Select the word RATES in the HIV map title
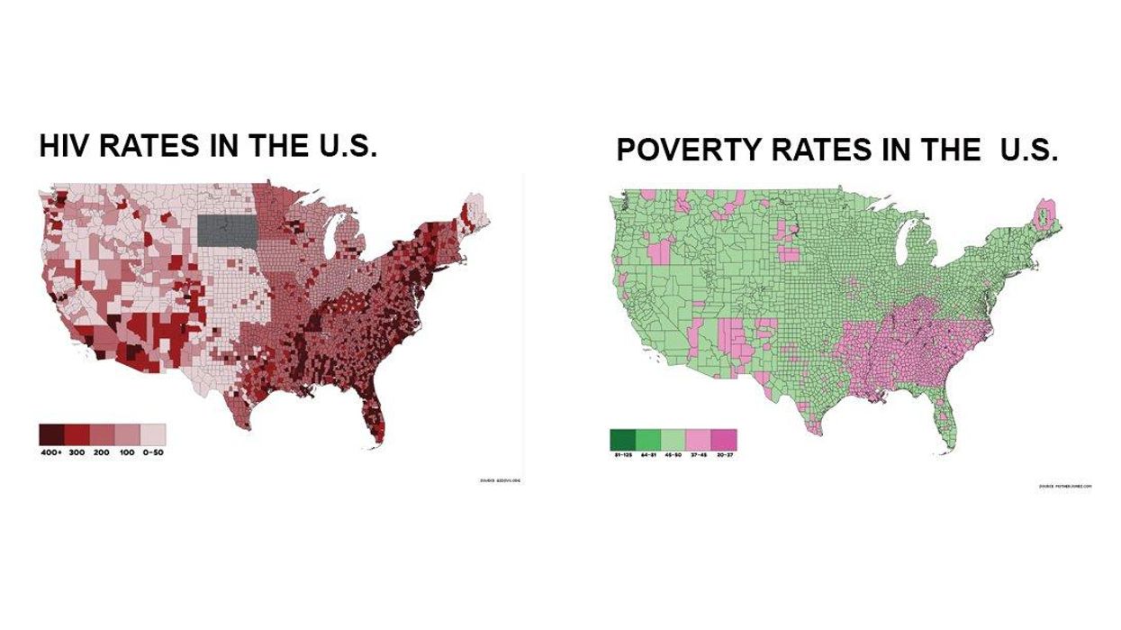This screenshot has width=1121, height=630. (x=158, y=146)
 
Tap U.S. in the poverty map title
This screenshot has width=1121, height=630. (x=1028, y=151)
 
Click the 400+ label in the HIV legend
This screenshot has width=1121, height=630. (x=51, y=451)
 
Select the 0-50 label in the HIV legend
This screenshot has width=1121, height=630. (x=153, y=451)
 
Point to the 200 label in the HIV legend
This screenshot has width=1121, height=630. (x=102, y=451)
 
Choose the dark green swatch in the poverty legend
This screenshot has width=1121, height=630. (x=623, y=439)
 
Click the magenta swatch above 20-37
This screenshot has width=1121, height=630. (x=725, y=439)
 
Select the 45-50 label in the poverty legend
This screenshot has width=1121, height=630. (x=674, y=455)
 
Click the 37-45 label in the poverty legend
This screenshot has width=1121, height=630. (x=700, y=455)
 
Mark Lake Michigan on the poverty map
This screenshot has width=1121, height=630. (x=905, y=243)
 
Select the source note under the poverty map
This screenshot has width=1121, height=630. (x=1065, y=486)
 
